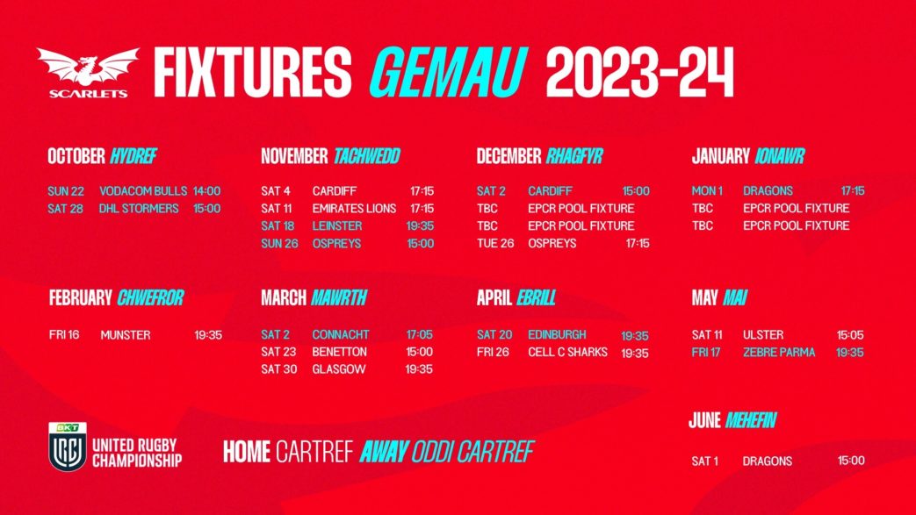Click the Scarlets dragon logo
click(x=88, y=72)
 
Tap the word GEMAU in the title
click(x=449, y=73)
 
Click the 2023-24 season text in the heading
click(x=639, y=73)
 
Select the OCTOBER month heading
click(x=76, y=156)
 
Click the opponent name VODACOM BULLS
click(x=143, y=191)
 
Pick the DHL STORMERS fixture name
click(x=139, y=209)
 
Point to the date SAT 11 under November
click(x=277, y=209)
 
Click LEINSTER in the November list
click(x=337, y=226)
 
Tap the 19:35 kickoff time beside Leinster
click(x=420, y=226)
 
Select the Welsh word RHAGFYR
click(x=574, y=156)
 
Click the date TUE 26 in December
click(x=495, y=244)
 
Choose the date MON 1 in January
click(x=708, y=191)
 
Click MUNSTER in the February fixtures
click(x=126, y=335)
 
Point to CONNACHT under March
click(x=341, y=334)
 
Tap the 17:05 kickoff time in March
click(x=420, y=334)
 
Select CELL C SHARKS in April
click(x=568, y=352)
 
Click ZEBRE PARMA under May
click(x=779, y=352)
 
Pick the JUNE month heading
click(x=704, y=420)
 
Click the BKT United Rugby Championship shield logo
click(x=68, y=446)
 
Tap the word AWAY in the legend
click(x=384, y=451)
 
